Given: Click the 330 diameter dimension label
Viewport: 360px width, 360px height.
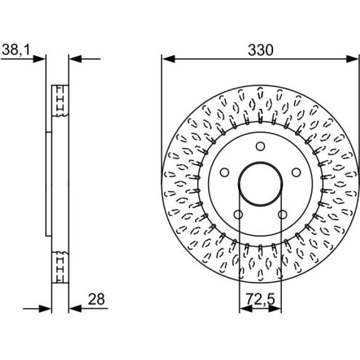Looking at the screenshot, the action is [260, 50].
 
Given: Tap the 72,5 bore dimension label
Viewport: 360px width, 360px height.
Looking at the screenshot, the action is [260, 299].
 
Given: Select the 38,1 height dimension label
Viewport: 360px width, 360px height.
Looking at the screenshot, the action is [16, 50].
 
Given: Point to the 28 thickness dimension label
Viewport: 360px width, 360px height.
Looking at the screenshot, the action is [96, 299].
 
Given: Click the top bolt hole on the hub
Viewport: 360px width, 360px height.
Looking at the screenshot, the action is [260, 146].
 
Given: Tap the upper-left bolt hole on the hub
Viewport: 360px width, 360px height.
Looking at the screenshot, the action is [224, 172].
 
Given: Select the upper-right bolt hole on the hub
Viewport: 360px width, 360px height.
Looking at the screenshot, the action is [296, 172].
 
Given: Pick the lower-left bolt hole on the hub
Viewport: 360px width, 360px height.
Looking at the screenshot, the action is [238, 215].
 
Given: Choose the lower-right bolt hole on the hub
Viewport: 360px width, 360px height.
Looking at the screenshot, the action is [282, 215].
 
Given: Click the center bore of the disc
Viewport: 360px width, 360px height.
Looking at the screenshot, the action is [260, 184].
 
